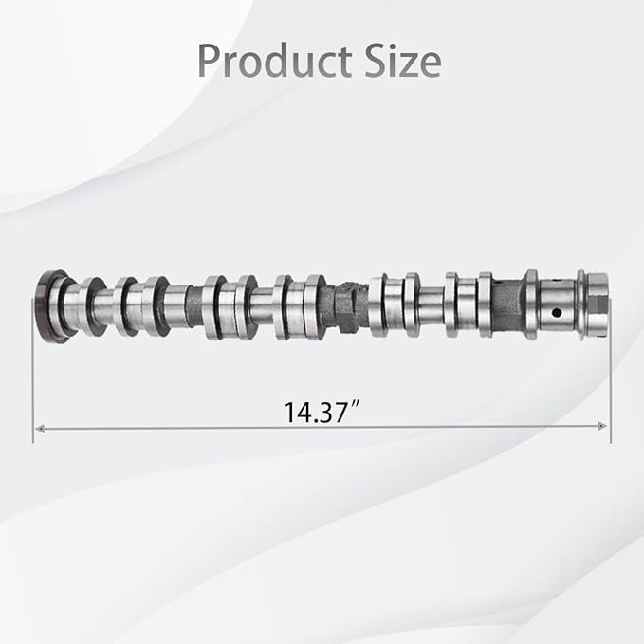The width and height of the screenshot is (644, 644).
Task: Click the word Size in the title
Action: pos(405,62)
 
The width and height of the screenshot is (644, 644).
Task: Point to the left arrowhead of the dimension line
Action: pos(39,429)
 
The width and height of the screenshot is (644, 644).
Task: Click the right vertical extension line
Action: pos(610,379)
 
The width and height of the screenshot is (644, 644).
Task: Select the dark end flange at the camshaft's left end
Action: pos(49,306)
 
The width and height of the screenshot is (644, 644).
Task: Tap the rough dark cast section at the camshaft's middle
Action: pos(345,303)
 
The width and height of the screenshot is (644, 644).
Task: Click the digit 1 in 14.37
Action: pos(288,414)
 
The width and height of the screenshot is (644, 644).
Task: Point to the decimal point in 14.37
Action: pos(316,421)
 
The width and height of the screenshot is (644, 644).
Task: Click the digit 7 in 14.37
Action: pos(346,414)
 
